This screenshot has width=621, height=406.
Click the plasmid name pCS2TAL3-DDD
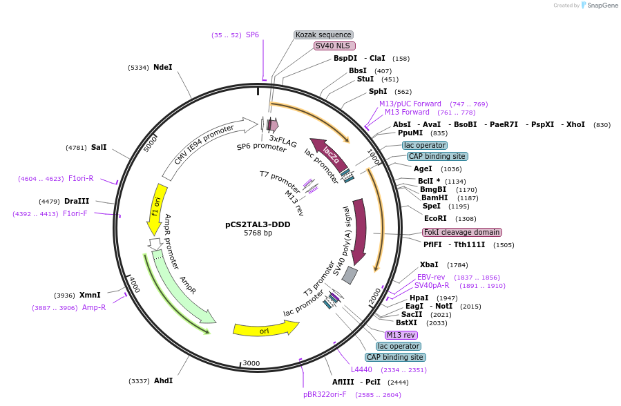point(258,224)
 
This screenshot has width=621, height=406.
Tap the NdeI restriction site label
point(162,67)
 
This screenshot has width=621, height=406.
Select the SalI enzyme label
point(99,147)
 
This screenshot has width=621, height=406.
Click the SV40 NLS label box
point(334,46)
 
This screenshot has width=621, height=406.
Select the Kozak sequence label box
point(323,35)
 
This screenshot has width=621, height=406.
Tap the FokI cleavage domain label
point(462,232)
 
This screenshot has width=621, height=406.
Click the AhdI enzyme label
point(163,380)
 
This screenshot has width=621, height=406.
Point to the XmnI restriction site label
point(90,295)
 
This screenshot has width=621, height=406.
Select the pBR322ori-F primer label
point(325,394)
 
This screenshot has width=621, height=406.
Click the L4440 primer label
point(361,369)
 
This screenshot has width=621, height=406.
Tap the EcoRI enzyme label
point(435,218)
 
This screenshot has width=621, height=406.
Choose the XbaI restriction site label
point(429,264)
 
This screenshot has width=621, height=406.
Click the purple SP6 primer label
point(252,35)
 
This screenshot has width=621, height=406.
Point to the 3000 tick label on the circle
point(251,363)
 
